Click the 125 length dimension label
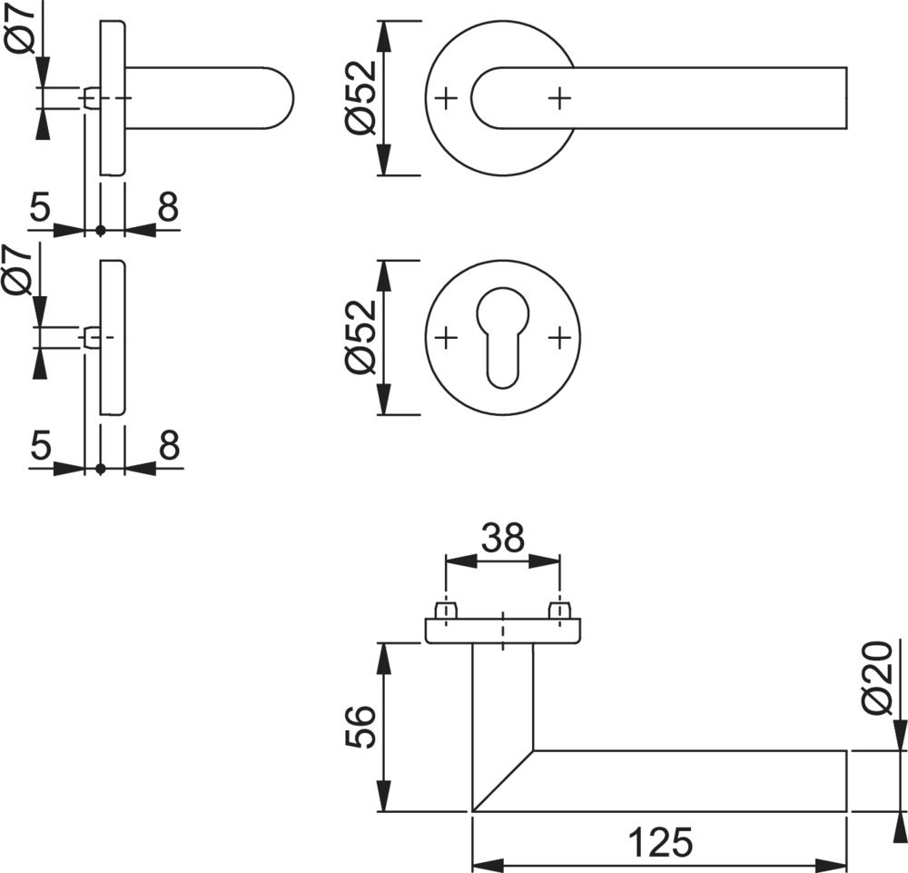coord(660,842)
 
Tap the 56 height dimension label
coord(360,726)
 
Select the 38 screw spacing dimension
coord(502,538)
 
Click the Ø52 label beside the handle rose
coord(360,98)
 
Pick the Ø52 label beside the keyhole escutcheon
coord(360,336)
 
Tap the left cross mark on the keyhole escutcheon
coord(445,338)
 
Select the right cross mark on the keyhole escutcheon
coord(559,338)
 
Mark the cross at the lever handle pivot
coord(559,96)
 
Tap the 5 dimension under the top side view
coord(40,208)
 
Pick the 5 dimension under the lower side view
coord(40,446)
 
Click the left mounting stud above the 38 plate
coord(445,610)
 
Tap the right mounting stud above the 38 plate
coord(559,610)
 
